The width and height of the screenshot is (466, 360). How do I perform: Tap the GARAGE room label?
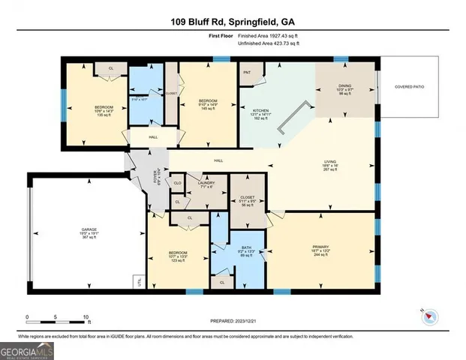89,229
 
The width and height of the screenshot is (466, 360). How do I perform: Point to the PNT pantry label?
247,72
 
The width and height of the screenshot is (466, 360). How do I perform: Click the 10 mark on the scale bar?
86,317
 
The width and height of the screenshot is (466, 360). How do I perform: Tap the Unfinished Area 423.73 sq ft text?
258,44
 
